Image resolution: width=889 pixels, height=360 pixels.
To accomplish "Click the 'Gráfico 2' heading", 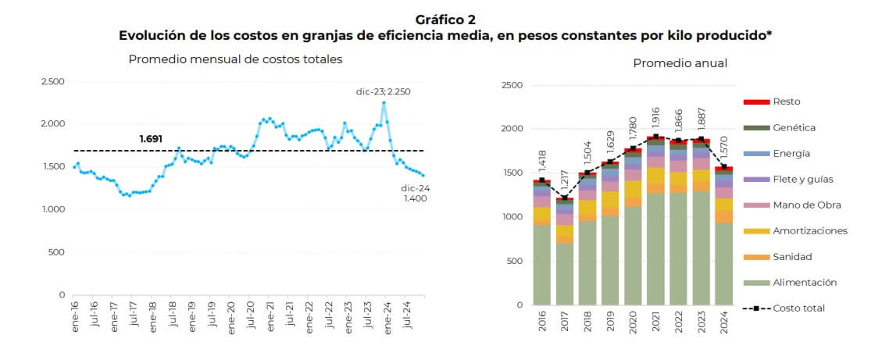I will pyautogui.click(x=444, y=19).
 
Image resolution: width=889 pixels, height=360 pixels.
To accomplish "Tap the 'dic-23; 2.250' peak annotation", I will pyautogui.click(x=388, y=91).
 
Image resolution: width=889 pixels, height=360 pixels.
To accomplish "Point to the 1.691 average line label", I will pyautogui.click(x=151, y=139).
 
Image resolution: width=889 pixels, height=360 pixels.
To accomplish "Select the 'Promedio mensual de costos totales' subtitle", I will pyautogui.click(x=235, y=59).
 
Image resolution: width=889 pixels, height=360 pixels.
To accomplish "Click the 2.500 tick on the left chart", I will pyautogui.click(x=52, y=81).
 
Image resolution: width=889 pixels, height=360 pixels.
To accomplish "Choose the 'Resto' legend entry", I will pyautogui.click(x=786, y=102).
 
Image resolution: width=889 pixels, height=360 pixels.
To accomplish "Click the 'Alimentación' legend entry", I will pyautogui.click(x=805, y=283).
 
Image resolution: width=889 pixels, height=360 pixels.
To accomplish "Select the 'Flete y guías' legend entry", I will pyautogui.click(x=802, y=180).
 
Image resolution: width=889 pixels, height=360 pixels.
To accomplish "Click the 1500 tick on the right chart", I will pyautogui.click(x=511, y=173).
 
